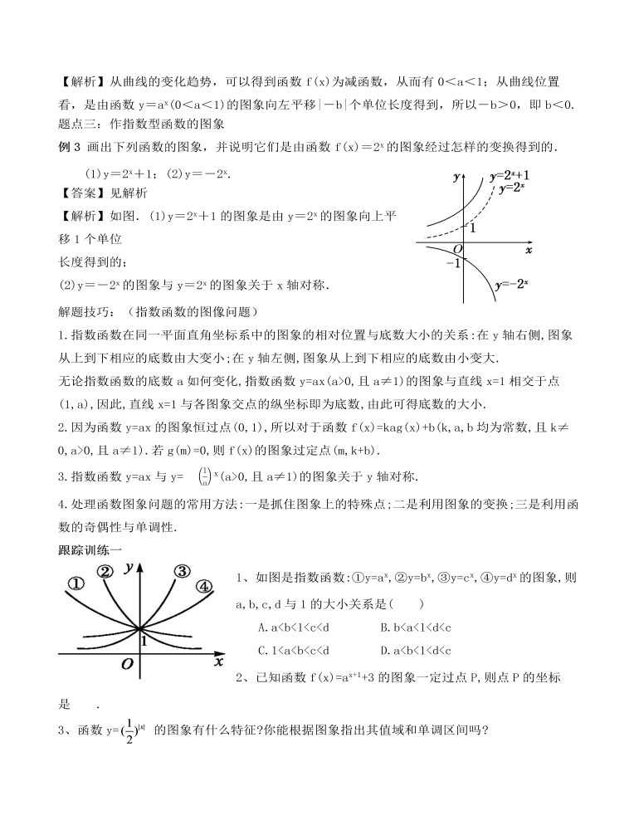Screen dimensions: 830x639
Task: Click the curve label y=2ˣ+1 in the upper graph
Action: click(x=510, y=176)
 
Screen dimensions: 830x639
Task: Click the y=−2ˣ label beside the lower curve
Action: click(x=511, y=285)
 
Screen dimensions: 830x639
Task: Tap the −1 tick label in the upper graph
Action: click(x=452, y=263)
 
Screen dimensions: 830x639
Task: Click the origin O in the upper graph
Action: click(x=457, y=248)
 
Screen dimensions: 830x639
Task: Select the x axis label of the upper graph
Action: click(x=529, y=248)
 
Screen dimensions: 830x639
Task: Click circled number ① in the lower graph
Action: click(x=76, y=583)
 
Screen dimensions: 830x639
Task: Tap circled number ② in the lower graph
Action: click(x=105, y=571)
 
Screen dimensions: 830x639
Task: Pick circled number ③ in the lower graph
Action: click(x=181, y=570)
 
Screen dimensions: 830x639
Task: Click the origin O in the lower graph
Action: click(x=127, y=664)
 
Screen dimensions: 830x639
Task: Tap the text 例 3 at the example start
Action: click(x=66, y=148)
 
